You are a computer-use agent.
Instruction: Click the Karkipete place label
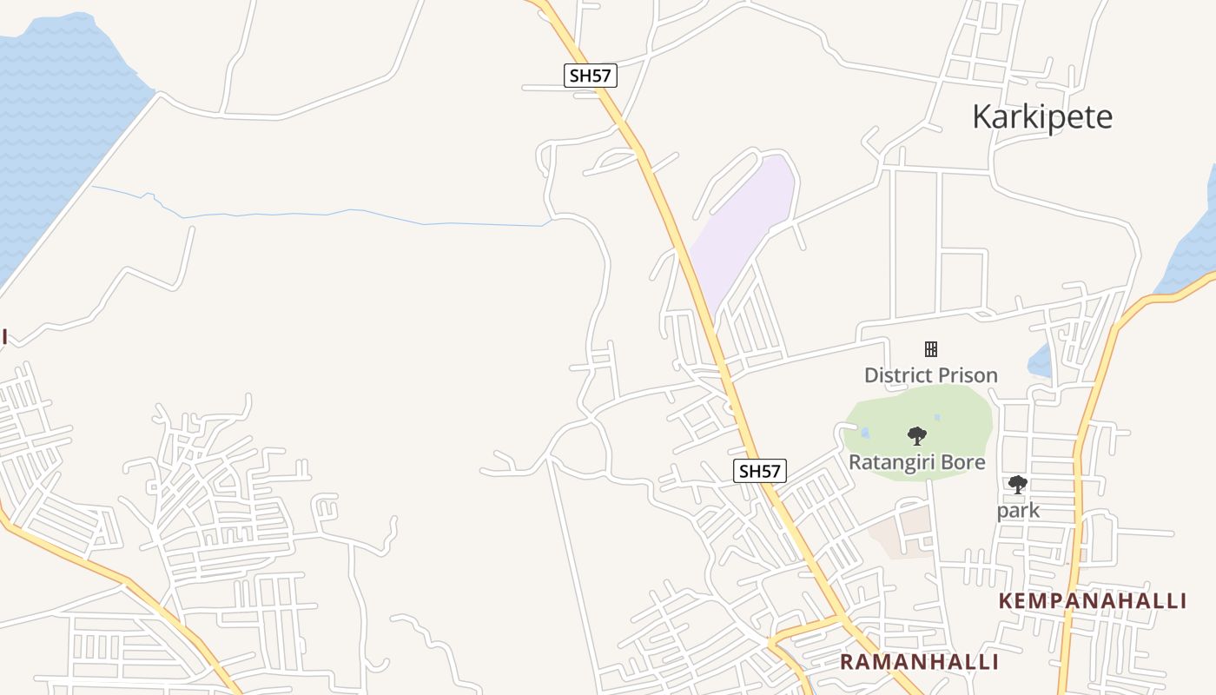point(1041,116)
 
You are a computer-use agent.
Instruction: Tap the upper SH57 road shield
point(591,76)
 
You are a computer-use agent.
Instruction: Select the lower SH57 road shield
point(760,471)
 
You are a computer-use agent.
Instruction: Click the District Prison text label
point(930,375)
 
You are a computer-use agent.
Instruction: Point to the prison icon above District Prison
point(930,349)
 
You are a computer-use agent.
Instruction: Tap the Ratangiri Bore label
point(916,461)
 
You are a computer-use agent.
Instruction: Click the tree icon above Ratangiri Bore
point(916,436)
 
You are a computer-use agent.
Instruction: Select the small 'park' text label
point(1018,510)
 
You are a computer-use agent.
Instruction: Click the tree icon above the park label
point(1017,485)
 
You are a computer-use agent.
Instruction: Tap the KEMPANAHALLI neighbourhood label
point(1092,600)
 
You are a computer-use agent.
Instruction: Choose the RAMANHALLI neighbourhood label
point(919,662)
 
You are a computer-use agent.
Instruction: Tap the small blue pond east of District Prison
point(1040,361)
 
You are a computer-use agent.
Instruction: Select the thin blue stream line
point(347,212)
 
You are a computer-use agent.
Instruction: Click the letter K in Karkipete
point(981,116)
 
